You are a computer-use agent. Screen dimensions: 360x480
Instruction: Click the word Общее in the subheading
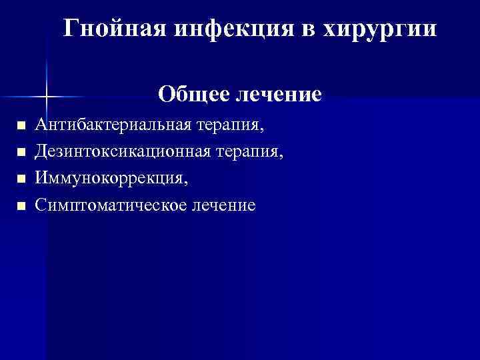tap(193, 94)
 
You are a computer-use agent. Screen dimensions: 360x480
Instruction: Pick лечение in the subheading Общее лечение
tap(278, 94)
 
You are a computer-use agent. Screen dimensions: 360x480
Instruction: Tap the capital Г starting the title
tap(71, 29)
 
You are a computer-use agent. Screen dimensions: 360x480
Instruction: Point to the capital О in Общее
tap(167, 94)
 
